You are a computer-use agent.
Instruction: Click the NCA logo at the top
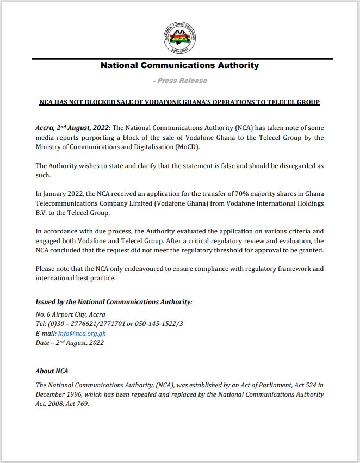[x=179, y=37]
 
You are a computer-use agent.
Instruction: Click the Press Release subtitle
[x=182, y=81]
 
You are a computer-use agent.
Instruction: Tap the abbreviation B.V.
[x=41, y=213]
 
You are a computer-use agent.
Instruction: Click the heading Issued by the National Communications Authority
[x=114, y=301]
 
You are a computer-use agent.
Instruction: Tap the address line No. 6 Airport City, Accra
[x=70, y=314]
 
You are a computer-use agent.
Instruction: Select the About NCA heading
[x=52, y=371]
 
